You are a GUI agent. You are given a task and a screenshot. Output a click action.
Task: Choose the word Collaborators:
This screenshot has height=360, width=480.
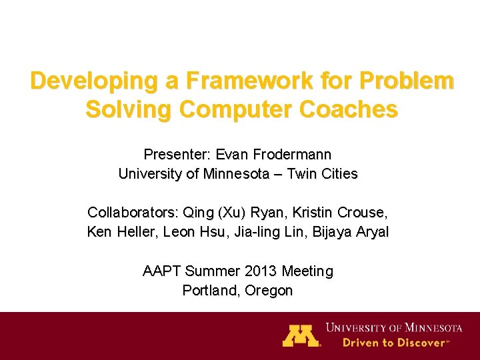(x=131, y=213)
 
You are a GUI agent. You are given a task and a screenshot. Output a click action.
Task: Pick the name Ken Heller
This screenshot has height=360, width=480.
(x=118, y=232)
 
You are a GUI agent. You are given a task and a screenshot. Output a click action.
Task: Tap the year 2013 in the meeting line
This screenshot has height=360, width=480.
(x=261, y=271)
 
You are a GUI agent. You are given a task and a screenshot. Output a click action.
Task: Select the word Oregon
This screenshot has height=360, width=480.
(x=269, y=291)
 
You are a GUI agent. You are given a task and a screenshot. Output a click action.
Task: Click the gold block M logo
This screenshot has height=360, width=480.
(x=301, y=335)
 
